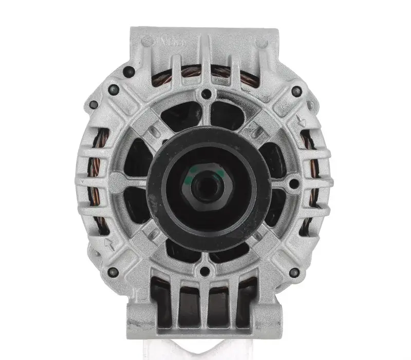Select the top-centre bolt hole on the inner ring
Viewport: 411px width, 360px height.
tap(207, 94)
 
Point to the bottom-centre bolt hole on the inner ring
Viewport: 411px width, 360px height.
tap(207, 271)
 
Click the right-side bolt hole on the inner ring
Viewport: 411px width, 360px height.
tap(294, 183)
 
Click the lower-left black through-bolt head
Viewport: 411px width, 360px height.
tap(114, 272)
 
